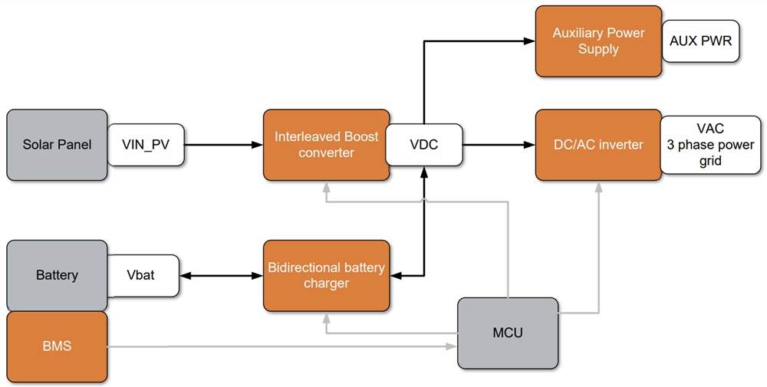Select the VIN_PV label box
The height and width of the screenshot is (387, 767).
(146, 145)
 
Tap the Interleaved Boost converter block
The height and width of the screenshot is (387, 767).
(326, 145)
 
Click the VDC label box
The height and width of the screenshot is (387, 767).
(423, 145)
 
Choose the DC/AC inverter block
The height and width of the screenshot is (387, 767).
(598, 145)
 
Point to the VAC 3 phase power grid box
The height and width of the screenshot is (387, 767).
(710, 145)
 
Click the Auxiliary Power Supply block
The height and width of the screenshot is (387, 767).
(598, 41)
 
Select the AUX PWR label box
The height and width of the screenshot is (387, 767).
(700, 41)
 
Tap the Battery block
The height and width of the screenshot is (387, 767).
(57, 275)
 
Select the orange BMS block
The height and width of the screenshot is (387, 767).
(57, 346)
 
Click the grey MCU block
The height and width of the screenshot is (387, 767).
(508, 333)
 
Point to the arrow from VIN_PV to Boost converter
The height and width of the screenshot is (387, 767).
(222, 145)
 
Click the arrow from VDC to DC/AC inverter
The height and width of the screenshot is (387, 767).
(499, 145)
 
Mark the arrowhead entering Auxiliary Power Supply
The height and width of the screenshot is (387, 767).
(529, 41)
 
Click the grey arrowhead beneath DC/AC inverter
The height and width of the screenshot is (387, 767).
(598, 186)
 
